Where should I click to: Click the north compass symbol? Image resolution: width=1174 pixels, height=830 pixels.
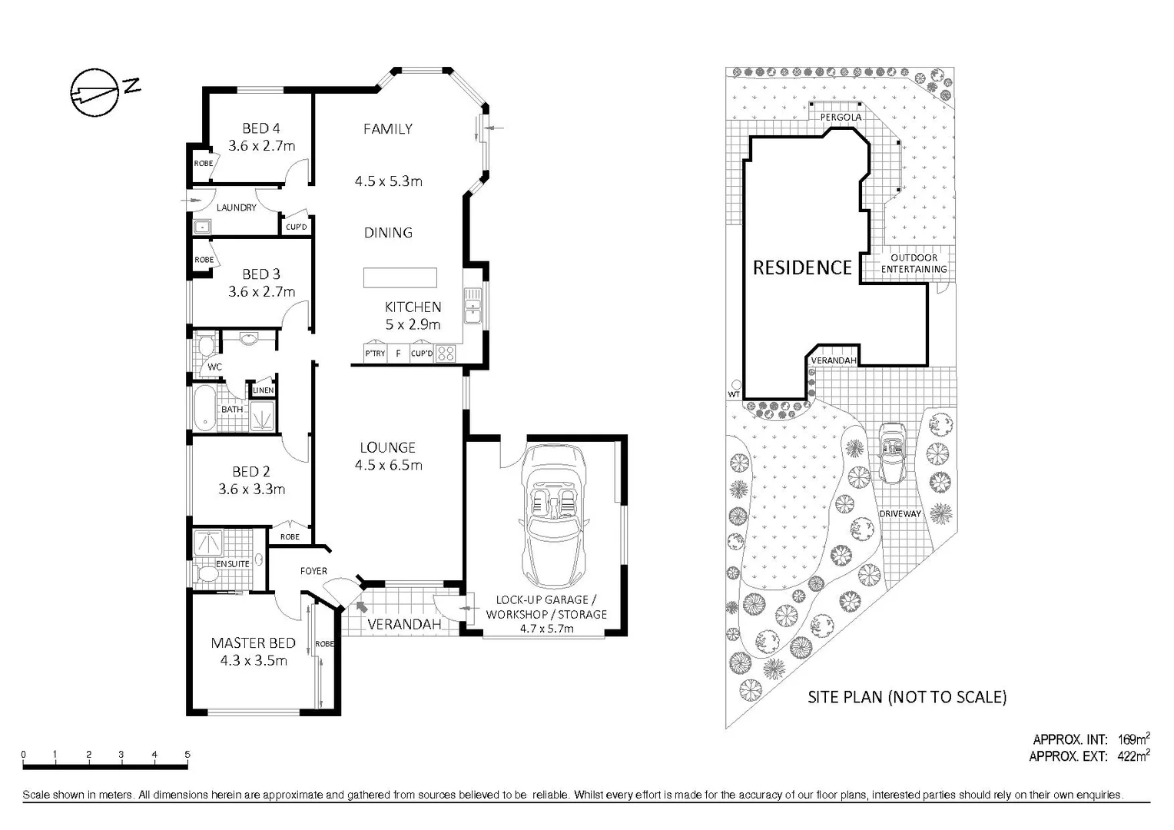(x=95, y=92)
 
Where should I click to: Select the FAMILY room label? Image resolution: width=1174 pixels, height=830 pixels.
(x=388, y=129)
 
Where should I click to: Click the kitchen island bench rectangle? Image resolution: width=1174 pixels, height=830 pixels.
(x=400, y=277)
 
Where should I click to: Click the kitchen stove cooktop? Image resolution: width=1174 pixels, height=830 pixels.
(x=446, y=354)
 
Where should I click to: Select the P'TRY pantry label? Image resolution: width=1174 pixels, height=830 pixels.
(x=375, y=354)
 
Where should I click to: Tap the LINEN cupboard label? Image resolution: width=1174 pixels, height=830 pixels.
(x=263, y=390)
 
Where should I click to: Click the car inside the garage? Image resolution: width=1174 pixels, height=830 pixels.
(x=552, y=514)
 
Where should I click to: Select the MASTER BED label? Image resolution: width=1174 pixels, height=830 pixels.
(x=253, y=643)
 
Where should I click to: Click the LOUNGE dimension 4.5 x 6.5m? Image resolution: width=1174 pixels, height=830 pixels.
(x=388, y=465)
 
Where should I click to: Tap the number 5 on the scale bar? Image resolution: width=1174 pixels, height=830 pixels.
(x=187, y=755)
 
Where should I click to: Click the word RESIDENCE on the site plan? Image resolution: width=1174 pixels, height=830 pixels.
(x=802, y=267)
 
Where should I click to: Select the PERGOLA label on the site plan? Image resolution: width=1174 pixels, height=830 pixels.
(x=841, y=117)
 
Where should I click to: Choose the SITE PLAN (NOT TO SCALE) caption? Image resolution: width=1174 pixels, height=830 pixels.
(x=907, y=697)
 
